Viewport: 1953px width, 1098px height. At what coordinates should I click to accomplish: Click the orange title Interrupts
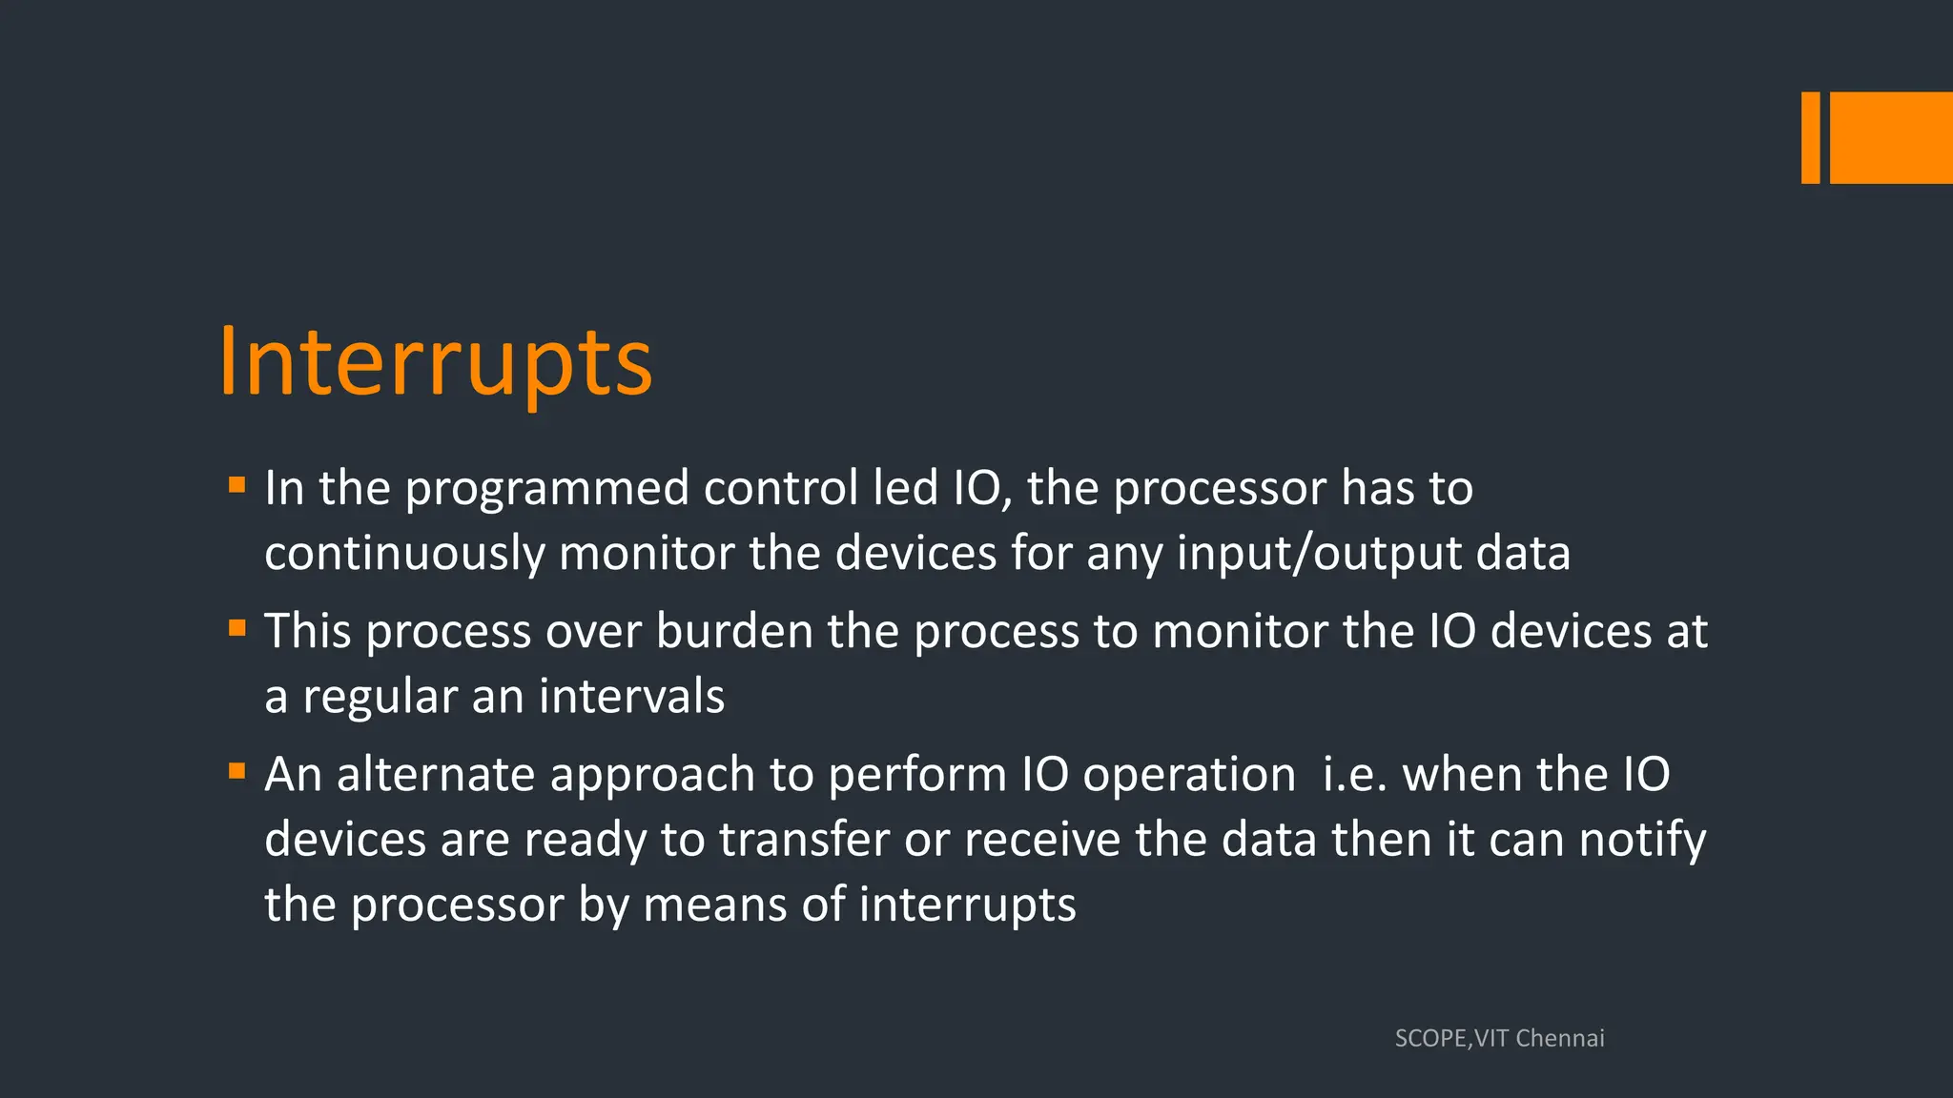click(x=436, y=363)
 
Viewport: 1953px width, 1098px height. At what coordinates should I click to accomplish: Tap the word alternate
click(x=436, y=774)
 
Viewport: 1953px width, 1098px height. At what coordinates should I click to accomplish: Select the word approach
click(x=652, y=775)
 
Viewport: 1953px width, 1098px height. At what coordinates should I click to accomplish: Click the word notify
click(x=1642, y=840)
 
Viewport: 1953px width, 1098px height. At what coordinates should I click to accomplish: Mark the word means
click(x=715, y=905)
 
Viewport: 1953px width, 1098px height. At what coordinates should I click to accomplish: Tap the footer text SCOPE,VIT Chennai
click(x=1499, y=1038)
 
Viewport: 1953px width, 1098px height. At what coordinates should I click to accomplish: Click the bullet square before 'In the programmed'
click(x=237, y=485)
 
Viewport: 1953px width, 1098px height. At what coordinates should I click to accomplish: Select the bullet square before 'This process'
click(x=237, y=628)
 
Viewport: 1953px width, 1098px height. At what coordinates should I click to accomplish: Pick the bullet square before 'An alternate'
click(x=237, y=770)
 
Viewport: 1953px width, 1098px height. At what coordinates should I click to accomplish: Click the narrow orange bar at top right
click(x=1810, y=137)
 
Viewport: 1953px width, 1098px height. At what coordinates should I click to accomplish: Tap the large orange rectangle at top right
click(x=1891, y=137)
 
